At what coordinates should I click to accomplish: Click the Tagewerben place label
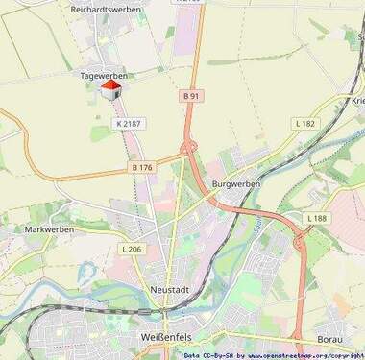pyautogui.click(x=106, y=73)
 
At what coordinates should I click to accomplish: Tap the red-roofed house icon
pyautogui.click(x=110, y=90)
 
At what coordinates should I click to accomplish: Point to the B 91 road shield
pyautogui.click(x=192, y=96)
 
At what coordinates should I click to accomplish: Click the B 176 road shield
pyautogui.click(x=142, y=167)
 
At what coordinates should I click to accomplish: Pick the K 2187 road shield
pyautogui.click(x=128, y=123)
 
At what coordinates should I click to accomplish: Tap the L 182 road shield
pyautogui.click(x=305, y=123)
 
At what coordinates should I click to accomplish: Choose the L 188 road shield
pyautogui.click(x=317, y=219)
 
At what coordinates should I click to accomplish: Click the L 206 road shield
pyautogui.click(x=132, y=249)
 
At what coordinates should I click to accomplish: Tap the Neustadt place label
pyautogui.click(x=170, y=289)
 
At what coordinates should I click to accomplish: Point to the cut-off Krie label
pyautogui.click(x=357, y=101)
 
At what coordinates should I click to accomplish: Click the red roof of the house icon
pyautogui.click(x=110, y=84)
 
